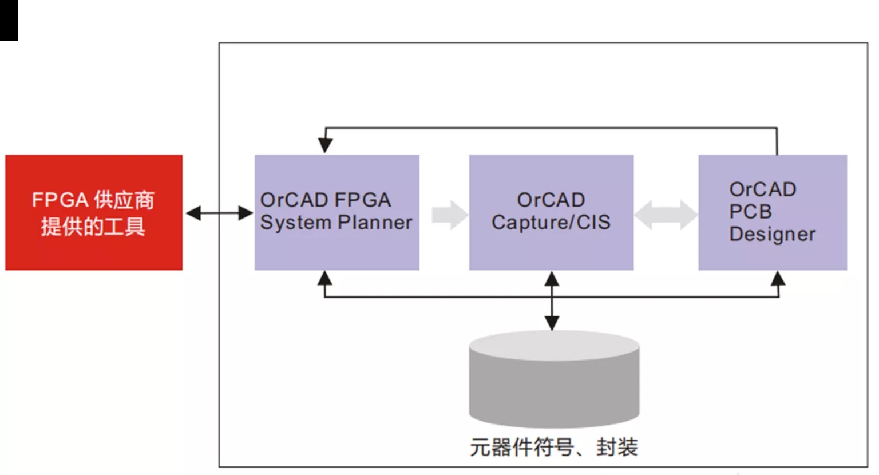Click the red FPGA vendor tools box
click(94, 212)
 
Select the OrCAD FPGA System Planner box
click(336, 212)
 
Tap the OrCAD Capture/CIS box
click(551, 212)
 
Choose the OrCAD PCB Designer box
click(773, 212)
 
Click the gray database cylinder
click(554, 379)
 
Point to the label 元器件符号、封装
click(554, 447)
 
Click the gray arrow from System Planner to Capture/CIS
click(450, 215)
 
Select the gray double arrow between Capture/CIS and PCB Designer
click(666, 215)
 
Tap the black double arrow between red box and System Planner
click(219, 213)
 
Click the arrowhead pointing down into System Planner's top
click(325, 145)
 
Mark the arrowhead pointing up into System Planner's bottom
click(324, 278)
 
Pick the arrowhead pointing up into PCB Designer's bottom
click(778, 278)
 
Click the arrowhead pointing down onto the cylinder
click(552, 323)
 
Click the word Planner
click(375, 223)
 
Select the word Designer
click(772, 235)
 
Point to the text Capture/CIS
click(551, 223)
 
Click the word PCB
click(750, 212)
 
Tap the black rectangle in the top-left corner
click(9, 21)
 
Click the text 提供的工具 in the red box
click(93, 227)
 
